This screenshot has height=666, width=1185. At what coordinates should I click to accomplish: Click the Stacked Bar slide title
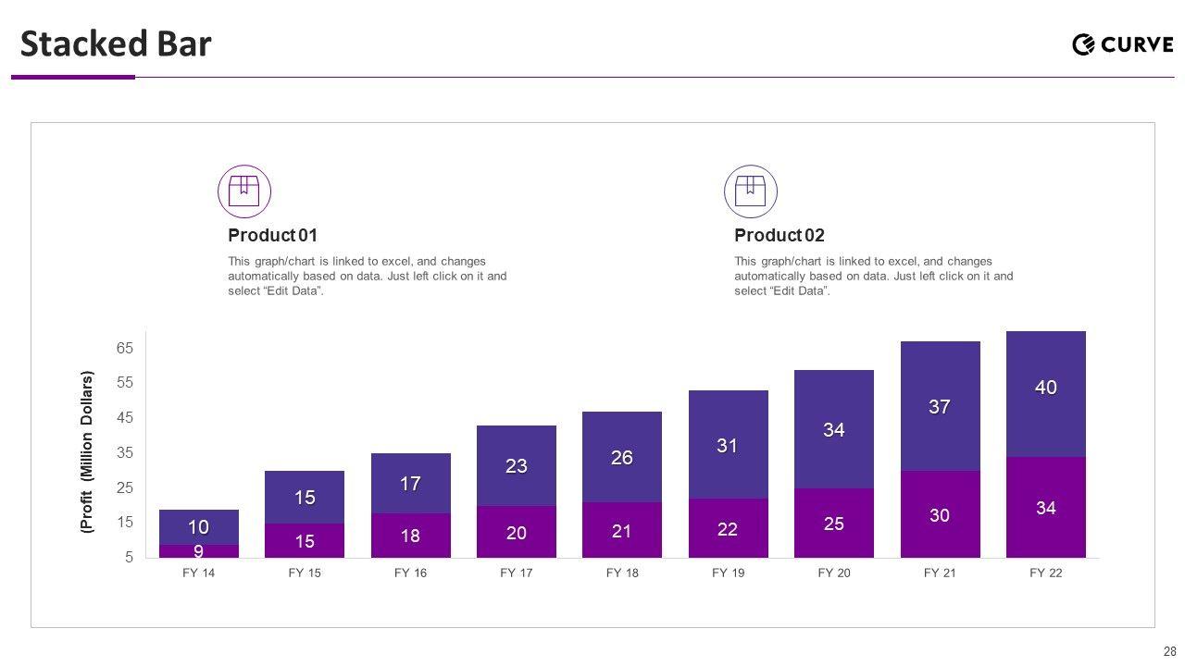[116, 44]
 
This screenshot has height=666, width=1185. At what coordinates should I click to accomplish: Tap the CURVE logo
[1122, 44]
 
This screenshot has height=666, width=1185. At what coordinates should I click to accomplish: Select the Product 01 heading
[272, 235]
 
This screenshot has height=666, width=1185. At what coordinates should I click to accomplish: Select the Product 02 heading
[779, 235]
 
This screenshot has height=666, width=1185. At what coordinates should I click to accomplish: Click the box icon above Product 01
[244, 191]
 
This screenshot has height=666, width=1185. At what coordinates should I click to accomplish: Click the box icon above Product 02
[751, 191]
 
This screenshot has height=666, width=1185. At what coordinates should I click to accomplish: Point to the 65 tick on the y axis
[125, 349]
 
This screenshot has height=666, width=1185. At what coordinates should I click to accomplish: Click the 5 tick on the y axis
[129, 558]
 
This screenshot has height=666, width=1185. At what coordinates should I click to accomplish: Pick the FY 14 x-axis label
[198, 573]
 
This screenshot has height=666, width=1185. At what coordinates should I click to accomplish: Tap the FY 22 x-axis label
[1046, 573]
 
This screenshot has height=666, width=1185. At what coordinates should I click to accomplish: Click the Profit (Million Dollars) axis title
[87, 452]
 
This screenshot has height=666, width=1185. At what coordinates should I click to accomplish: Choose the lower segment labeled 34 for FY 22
[1046, 507]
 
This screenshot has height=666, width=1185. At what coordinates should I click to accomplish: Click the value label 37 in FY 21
[940, 407]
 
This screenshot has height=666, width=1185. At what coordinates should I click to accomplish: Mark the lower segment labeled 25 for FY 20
[834, 523]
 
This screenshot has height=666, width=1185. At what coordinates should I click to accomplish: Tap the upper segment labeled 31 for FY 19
[728, 445]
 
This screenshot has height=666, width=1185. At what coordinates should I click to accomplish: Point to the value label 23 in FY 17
[517, 467]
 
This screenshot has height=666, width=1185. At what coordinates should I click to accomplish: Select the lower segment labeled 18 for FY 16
[410, 536]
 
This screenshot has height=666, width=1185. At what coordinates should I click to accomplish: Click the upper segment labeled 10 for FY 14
[198, 527]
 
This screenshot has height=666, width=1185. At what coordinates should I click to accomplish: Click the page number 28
[1169, 651]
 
